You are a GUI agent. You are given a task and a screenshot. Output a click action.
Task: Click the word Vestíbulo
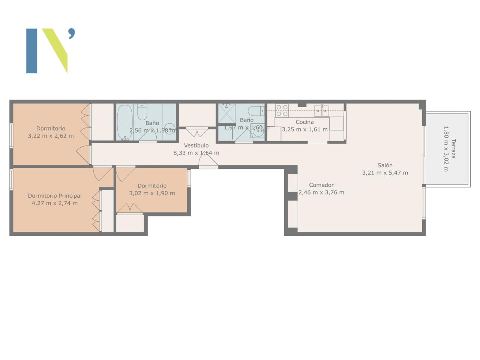point(196,145)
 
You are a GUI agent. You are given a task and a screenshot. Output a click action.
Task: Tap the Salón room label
point(385,165)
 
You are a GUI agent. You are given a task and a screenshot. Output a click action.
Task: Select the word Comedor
point(321,185)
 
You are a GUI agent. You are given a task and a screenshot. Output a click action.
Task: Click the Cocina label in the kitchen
point(304,122)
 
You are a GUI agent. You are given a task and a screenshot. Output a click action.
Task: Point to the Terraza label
point(453,148)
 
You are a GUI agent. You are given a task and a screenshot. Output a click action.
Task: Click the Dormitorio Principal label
point(55,196)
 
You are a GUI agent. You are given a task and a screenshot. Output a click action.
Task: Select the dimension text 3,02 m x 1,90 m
point(152,193)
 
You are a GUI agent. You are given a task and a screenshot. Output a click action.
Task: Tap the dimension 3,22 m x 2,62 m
point(51,136)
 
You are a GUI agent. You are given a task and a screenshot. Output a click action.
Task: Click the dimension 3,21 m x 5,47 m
point(385,173)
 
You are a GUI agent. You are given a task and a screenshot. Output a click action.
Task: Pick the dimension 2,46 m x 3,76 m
point(321,193)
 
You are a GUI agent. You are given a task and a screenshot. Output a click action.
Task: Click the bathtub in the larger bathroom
point(125,122)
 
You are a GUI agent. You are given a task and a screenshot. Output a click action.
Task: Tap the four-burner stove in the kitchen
point(282,110)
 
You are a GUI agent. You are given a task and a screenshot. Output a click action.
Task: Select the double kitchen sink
point(322,111)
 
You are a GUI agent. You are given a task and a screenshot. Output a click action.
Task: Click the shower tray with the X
point(227,114)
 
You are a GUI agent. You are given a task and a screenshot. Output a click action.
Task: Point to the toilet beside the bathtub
point(142,112)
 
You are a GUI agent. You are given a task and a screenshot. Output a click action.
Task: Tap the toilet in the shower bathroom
point(256,111)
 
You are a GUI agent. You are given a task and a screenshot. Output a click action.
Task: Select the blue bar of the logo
point(32,51)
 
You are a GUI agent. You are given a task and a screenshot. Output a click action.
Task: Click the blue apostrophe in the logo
point(72,33)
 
